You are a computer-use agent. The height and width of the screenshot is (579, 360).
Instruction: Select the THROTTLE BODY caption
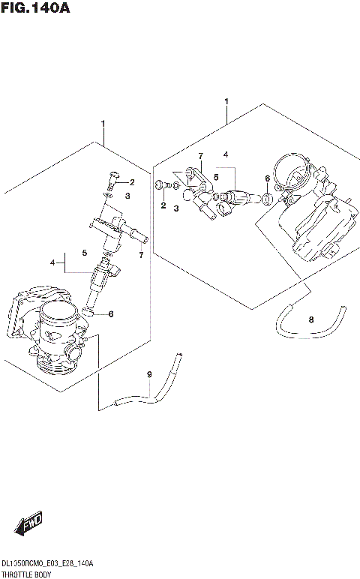pyautogui.click(x=25, y=573)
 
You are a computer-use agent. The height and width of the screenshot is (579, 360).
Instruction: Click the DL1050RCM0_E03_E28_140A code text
pyautogui.click(x=46, y=563)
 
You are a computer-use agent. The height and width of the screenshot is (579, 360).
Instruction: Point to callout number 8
pyautogui.click(x=311, y=320)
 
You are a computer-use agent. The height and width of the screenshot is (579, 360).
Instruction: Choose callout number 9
pyautogui.click(x=149, y=374)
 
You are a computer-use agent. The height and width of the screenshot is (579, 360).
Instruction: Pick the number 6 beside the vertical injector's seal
pyautogui.click(x=110, y=313)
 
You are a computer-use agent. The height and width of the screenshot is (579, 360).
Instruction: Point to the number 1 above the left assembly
pyautogui.click(x=103, y=124)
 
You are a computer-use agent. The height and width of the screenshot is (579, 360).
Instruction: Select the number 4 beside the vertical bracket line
pyautogui.click(x=52, y=262)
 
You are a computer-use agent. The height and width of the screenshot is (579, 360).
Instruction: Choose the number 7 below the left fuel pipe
pyautogui.click(x=140, y=255)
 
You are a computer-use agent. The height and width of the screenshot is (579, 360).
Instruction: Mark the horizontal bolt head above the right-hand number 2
pyautogui.click(x=159, y=184)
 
